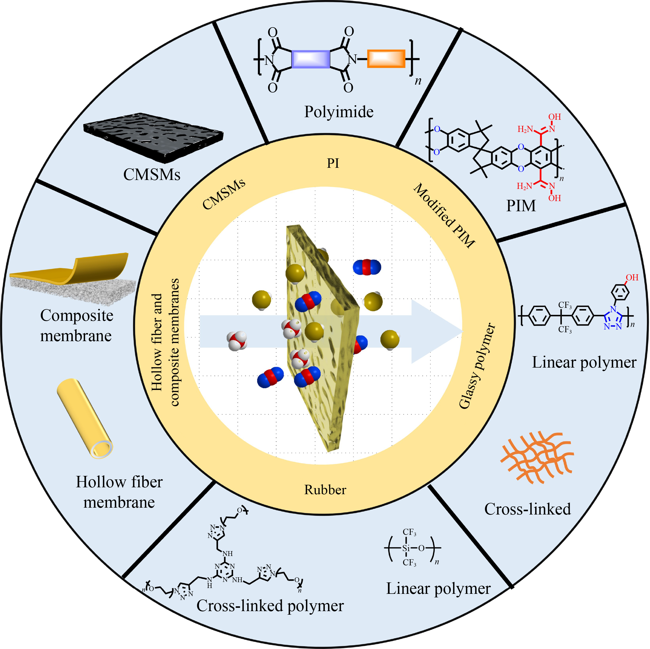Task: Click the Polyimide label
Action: click(x=339, y=112)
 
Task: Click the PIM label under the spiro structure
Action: click(x=521, y=206)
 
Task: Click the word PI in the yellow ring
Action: click(x=333, y=163)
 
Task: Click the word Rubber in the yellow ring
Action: click(x=325, y=490)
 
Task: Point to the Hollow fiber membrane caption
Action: click(x=119, y=492)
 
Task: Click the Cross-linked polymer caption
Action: click(x=270, y=606)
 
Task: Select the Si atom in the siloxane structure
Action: click(x=406, y=548)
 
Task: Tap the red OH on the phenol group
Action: click(x=632, y=277)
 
